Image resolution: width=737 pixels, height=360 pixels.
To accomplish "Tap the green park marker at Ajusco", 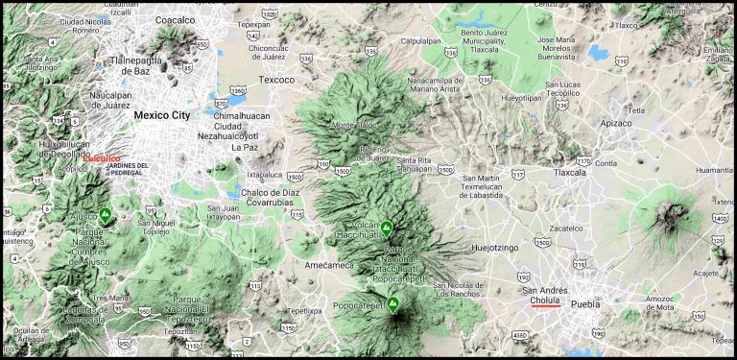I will [x=106, y=215].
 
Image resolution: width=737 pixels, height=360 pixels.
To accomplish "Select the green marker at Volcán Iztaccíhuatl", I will [x=386, y=228].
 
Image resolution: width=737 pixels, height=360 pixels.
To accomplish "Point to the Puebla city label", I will [x=585, y=303].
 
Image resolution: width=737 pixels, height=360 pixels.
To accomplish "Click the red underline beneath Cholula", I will [x=545, y=307].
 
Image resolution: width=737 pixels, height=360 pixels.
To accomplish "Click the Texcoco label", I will [x=276, y=80].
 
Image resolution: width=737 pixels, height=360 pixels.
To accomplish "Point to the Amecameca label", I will [x=329, y=264].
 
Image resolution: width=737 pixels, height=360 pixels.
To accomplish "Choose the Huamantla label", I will [x=715, y=170].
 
